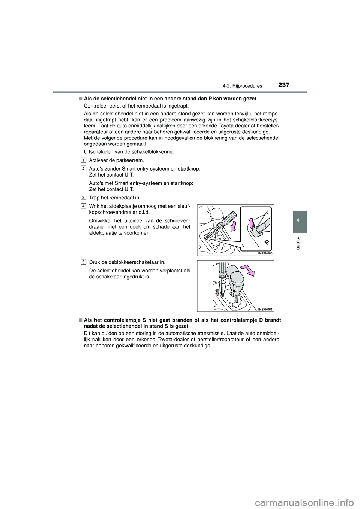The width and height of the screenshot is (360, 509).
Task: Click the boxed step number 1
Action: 82,160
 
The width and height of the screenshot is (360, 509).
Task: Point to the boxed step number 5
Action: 82,261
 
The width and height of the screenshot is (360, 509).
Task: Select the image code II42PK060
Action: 265,254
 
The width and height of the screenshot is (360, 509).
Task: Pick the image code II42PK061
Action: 265,309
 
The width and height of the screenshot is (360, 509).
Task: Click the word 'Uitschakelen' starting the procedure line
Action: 96,151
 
